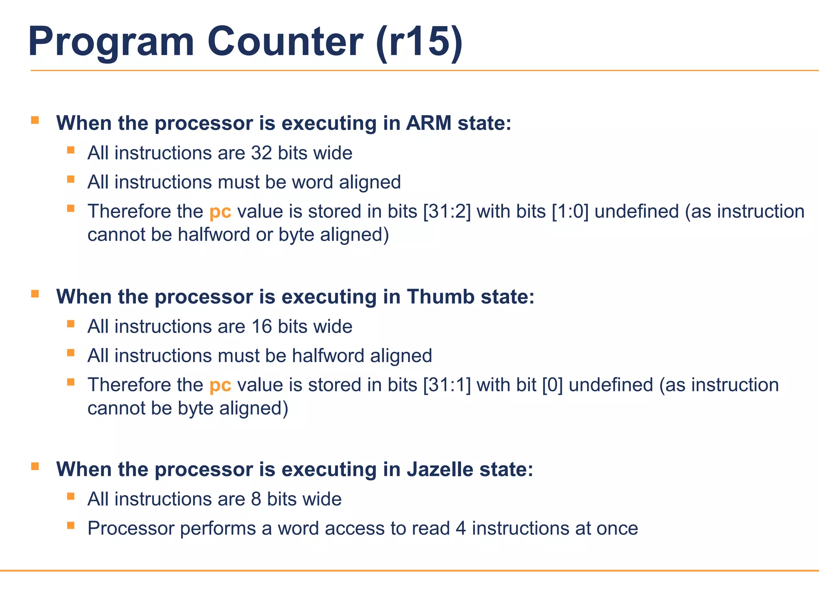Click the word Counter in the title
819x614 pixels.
click(285, 42)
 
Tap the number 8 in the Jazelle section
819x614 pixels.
click(256, 499)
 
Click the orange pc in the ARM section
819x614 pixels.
click(220, 212)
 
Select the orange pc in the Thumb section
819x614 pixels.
click(220, 385)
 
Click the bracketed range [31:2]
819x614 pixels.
click(447, 211)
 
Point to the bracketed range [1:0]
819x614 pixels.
click(570, 211)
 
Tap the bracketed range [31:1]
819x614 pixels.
click(447, 385)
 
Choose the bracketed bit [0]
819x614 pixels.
click(552, 385)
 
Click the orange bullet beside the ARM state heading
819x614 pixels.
click(35, 120)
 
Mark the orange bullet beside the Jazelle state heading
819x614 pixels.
click(35, 466)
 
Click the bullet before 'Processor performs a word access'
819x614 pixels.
click(71, 525)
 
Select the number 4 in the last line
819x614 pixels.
click(461, 528)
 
